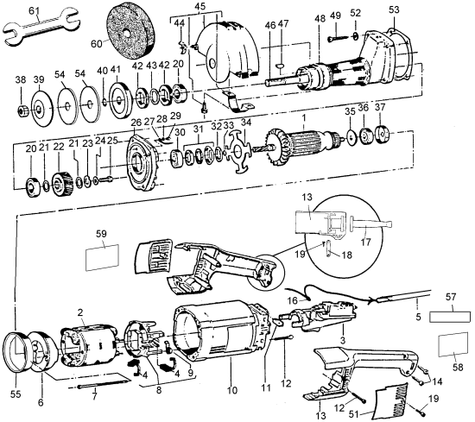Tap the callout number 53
[395, 9]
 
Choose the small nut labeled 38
[20, 111]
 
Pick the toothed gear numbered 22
[60, 183]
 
